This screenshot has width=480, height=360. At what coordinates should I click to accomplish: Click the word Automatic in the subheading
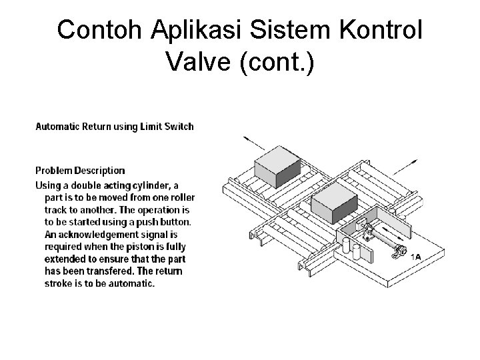[57, 126]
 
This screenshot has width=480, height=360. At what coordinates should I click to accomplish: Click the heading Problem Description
[80, 171]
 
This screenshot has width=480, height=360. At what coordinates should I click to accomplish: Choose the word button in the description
[176, 221]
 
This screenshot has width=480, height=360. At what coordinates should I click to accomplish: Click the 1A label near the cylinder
[415, 257]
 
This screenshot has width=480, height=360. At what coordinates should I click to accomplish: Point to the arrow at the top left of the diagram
[253, 143]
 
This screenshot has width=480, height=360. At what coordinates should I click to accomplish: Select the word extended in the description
[65, 259]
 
